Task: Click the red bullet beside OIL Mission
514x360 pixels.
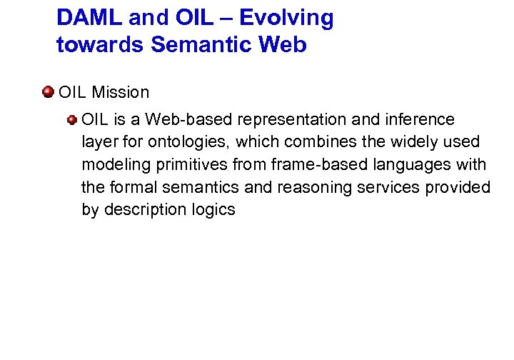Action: click(48, 91)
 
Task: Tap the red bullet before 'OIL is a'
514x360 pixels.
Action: click(72, 119)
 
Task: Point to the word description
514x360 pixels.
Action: click(143, 210)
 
